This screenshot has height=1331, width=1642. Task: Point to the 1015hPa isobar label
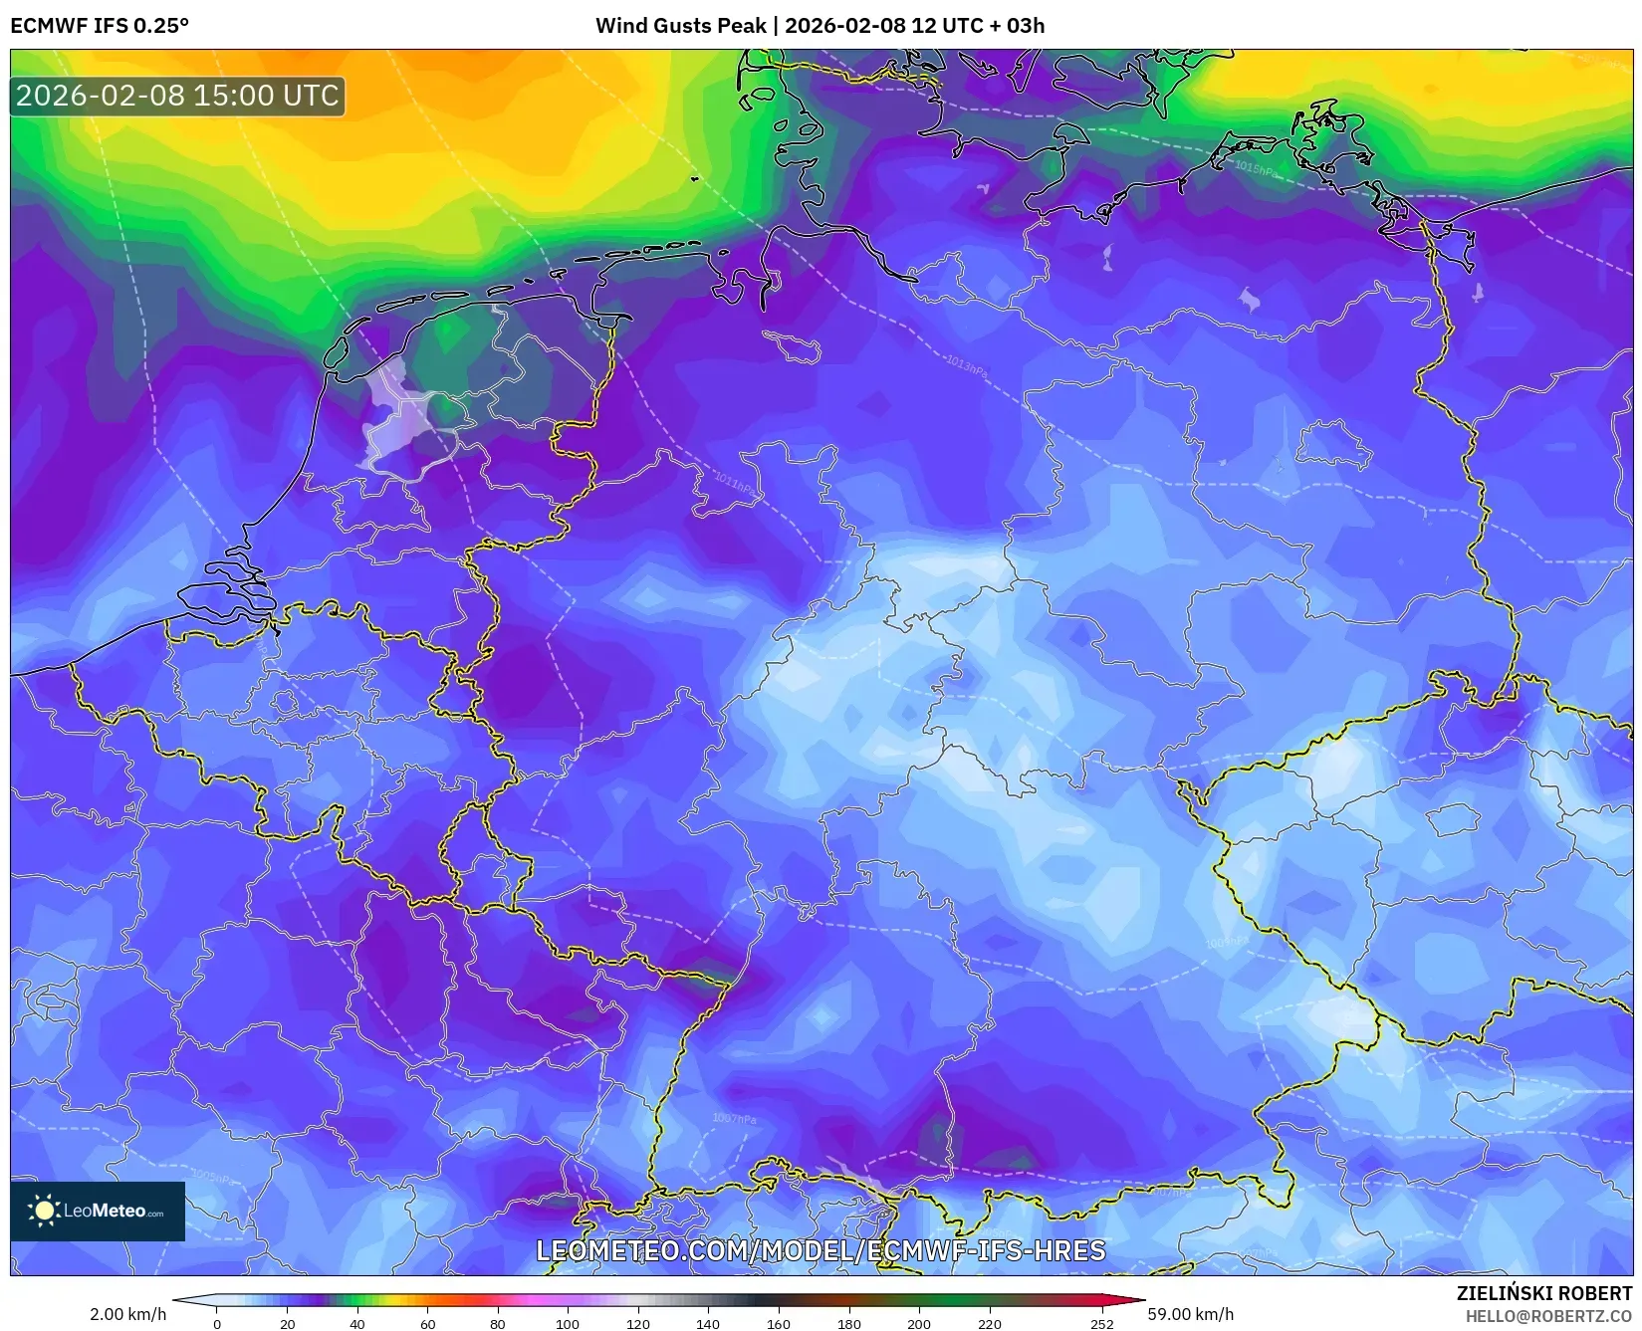click(1254, 168)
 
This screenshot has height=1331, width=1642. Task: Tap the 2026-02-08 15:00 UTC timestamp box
click(177, 96)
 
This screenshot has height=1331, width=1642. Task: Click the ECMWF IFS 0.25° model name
click(99, 26)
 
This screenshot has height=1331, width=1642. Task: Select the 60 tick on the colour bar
click(427, 1323)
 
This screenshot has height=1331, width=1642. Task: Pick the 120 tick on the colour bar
click(637, 1323)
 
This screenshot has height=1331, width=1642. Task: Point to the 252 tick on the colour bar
click(1101, 1323)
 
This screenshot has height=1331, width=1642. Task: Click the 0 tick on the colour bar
click(217, 1323)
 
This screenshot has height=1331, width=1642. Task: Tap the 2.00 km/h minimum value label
click(127, 1314)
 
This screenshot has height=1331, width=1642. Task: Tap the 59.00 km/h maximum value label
click(1190, 1314)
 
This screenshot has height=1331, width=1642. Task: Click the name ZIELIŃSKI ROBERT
click(1543, 1293)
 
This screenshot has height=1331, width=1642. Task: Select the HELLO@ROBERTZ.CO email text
click(1548, 1316)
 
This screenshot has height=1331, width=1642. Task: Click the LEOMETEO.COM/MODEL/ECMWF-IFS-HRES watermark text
click(821, 1250)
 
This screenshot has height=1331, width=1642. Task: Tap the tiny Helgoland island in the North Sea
click(694, 179)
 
